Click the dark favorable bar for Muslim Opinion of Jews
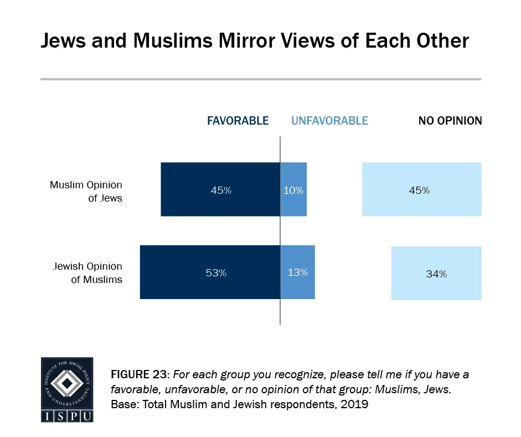[220, 189]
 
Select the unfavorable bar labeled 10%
[293, 189]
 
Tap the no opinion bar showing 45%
[421, 189]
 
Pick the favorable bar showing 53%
[210, 273]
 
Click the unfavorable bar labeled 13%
[297, 273]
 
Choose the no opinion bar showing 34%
[436, 273]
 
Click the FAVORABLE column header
[238, 121]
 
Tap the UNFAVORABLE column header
[329, 121]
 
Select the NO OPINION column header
[450, 121]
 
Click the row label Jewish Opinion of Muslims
[87, 273]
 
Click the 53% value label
[216, 273]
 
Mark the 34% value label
[436, 274]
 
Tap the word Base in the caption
[123, 404]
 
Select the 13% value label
[298, 272]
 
